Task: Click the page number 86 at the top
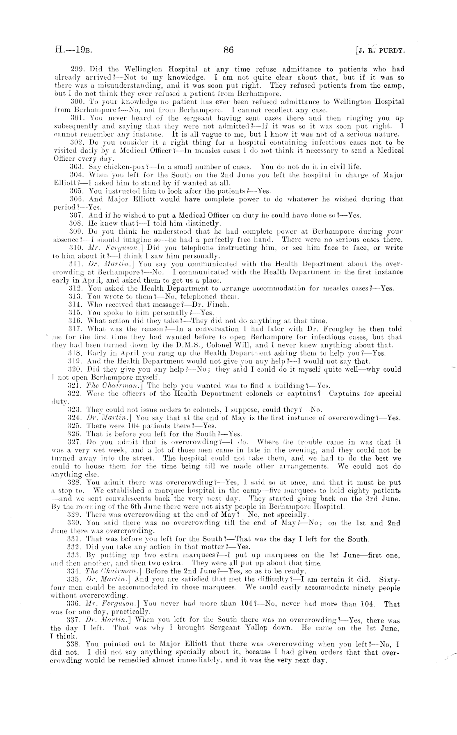[228, 50]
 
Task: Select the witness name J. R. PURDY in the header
[381, 51]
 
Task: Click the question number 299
[74, 69]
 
